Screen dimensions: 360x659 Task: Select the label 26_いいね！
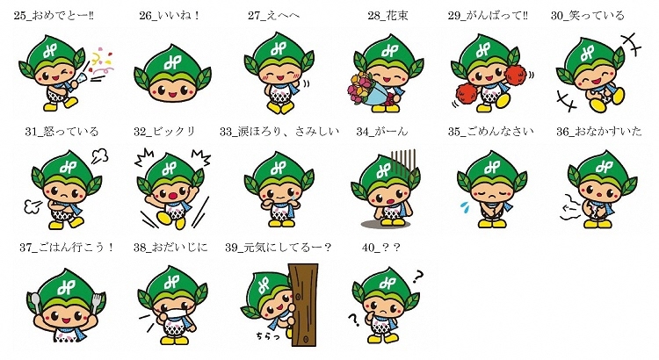click(x=170, y=16)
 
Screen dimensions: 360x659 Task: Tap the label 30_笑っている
click(x=588, y=16)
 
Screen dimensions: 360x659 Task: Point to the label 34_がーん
click(x=379, y=132)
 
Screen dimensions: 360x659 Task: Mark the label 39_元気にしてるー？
click(x=279, y=248)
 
